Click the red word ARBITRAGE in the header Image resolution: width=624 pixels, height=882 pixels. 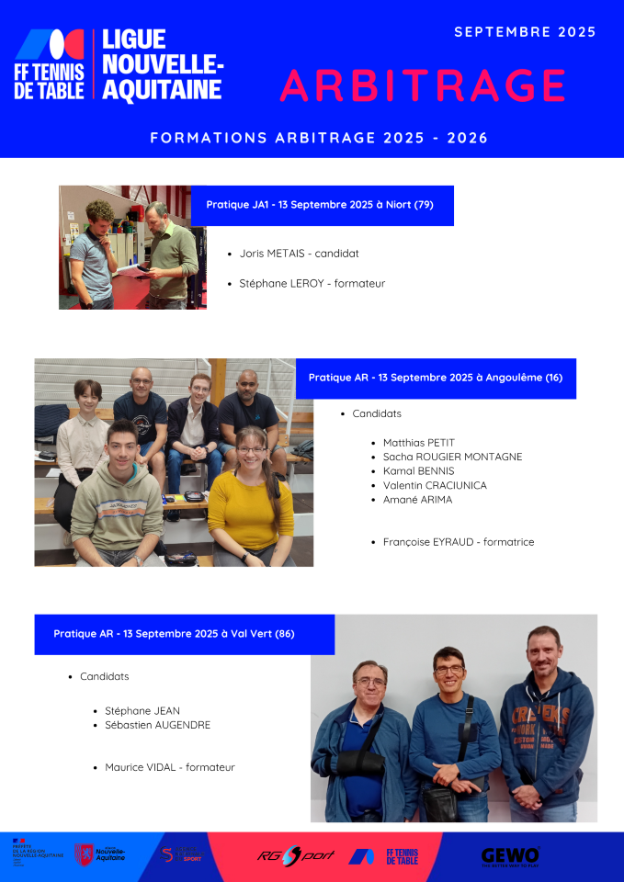pos(423,85)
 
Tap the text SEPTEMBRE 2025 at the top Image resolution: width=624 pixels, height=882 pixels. pos(525,32)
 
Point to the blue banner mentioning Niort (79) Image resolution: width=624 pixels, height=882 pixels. pos(322,205)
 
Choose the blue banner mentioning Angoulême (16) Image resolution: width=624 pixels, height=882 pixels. pos(436,378)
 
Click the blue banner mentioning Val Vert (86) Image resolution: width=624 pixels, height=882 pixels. pos(184,634)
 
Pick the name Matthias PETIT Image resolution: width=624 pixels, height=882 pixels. pos(418,443)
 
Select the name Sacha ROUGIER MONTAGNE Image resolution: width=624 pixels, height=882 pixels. pos(452,457)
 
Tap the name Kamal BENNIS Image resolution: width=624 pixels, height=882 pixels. pos(418,471)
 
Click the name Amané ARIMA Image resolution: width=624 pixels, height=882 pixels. pos(417,500)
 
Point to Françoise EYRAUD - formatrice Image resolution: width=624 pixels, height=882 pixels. pos(458,542)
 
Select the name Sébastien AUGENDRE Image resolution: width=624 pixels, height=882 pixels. pos(157,725)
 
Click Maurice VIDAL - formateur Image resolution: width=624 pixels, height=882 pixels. pos(169,767)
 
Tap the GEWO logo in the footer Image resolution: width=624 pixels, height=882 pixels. pos(510,856)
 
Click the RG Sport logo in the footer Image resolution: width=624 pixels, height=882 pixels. pos(296,855)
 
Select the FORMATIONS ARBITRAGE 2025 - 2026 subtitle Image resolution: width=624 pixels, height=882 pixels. pos(319,138)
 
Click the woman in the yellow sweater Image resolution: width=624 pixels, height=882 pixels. pos(250,501)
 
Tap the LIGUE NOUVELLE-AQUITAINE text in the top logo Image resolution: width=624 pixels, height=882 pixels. pos(162,64)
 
